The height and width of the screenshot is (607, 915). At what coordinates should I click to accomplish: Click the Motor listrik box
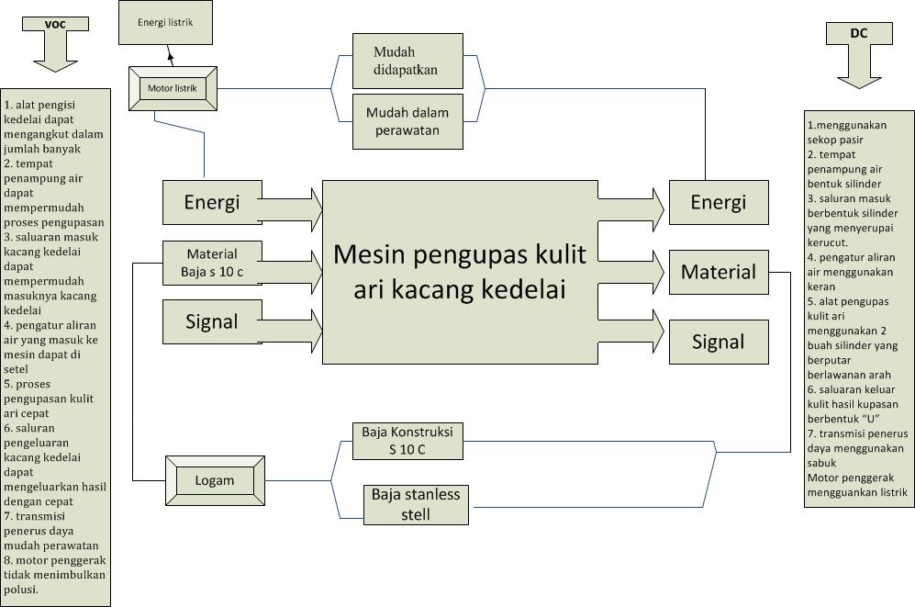173,89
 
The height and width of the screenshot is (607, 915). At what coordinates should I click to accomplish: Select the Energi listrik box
165,23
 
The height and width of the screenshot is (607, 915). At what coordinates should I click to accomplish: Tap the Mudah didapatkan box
407,61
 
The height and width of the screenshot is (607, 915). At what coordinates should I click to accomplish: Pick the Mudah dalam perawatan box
407,121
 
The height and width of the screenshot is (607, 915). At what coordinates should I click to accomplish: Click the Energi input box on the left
212,202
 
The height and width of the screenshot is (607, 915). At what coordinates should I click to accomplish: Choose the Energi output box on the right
719,202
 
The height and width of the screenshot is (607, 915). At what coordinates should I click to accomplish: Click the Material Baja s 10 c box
212,263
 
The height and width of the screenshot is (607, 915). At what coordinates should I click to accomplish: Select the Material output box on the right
719,272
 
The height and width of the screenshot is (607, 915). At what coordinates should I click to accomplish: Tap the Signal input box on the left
212,322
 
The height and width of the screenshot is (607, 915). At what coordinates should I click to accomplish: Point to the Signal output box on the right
719,343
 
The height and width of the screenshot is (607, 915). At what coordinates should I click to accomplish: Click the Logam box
215,480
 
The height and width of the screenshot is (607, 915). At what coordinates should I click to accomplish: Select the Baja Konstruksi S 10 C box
407,441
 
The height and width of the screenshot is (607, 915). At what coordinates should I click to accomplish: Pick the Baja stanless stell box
416,505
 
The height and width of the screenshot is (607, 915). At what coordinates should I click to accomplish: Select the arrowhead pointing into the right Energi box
657,211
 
